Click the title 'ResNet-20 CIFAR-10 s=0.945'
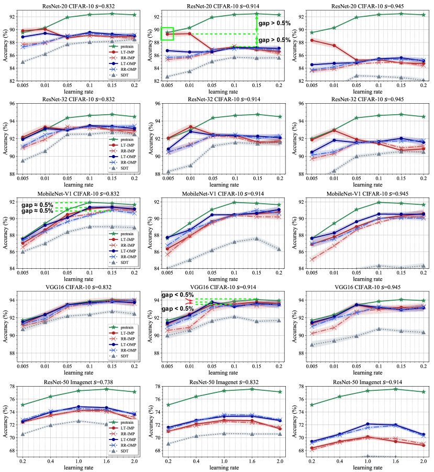coord(361,6)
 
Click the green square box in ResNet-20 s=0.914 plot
coord(168,34)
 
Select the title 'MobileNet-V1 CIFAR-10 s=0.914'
coord(217,193)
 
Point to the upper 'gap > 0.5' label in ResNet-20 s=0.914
coord(271,23)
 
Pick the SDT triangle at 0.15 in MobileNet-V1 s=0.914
coord(257,239)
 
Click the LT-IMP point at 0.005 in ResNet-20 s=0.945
coord(312,40)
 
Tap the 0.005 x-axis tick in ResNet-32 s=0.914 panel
coord(168,180)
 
